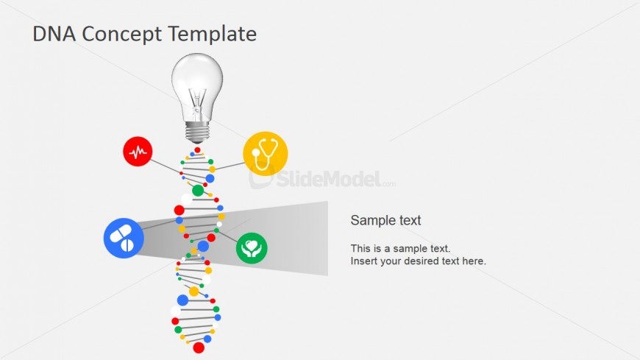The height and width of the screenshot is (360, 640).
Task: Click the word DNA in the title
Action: pyautogui.click(x=54, y=34)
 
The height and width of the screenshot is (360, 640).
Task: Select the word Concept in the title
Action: pyautogui.click(x=121, y=35)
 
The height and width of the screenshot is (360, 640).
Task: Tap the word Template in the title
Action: pyautogui.click(x=212, y=35)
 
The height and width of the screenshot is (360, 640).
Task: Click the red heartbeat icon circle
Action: pyautogui.click(x=138, y=151)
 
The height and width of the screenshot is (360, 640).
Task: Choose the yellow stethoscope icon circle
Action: pyautogui.click(x=266, y=154)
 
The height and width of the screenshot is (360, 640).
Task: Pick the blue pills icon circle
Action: pyautogui.click(x=124, y=239)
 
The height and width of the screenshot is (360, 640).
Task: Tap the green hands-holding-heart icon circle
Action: pyautogui.click(x=252, y=248)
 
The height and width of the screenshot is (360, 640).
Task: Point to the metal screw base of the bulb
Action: pyautogui.click(x=197, y=132)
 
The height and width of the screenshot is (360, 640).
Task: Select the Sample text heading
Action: pyautogui.click(x=385, y=220)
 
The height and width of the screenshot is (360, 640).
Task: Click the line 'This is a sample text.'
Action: pyautogui.click(x=400, y=248)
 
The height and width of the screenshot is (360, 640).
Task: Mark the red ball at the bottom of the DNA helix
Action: pyautogui.click(x=199, y=347)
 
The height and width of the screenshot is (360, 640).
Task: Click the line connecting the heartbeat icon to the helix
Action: pyautogui.click(x=165, y=166)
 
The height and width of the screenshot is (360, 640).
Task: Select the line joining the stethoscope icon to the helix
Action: pyautogui.click(x=230, y=166)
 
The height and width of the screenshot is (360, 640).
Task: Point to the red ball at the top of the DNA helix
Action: pyautogui.click(x=198, y=150)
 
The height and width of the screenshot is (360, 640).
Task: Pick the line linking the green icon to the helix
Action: pyautogui.click(x=227, y=236)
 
